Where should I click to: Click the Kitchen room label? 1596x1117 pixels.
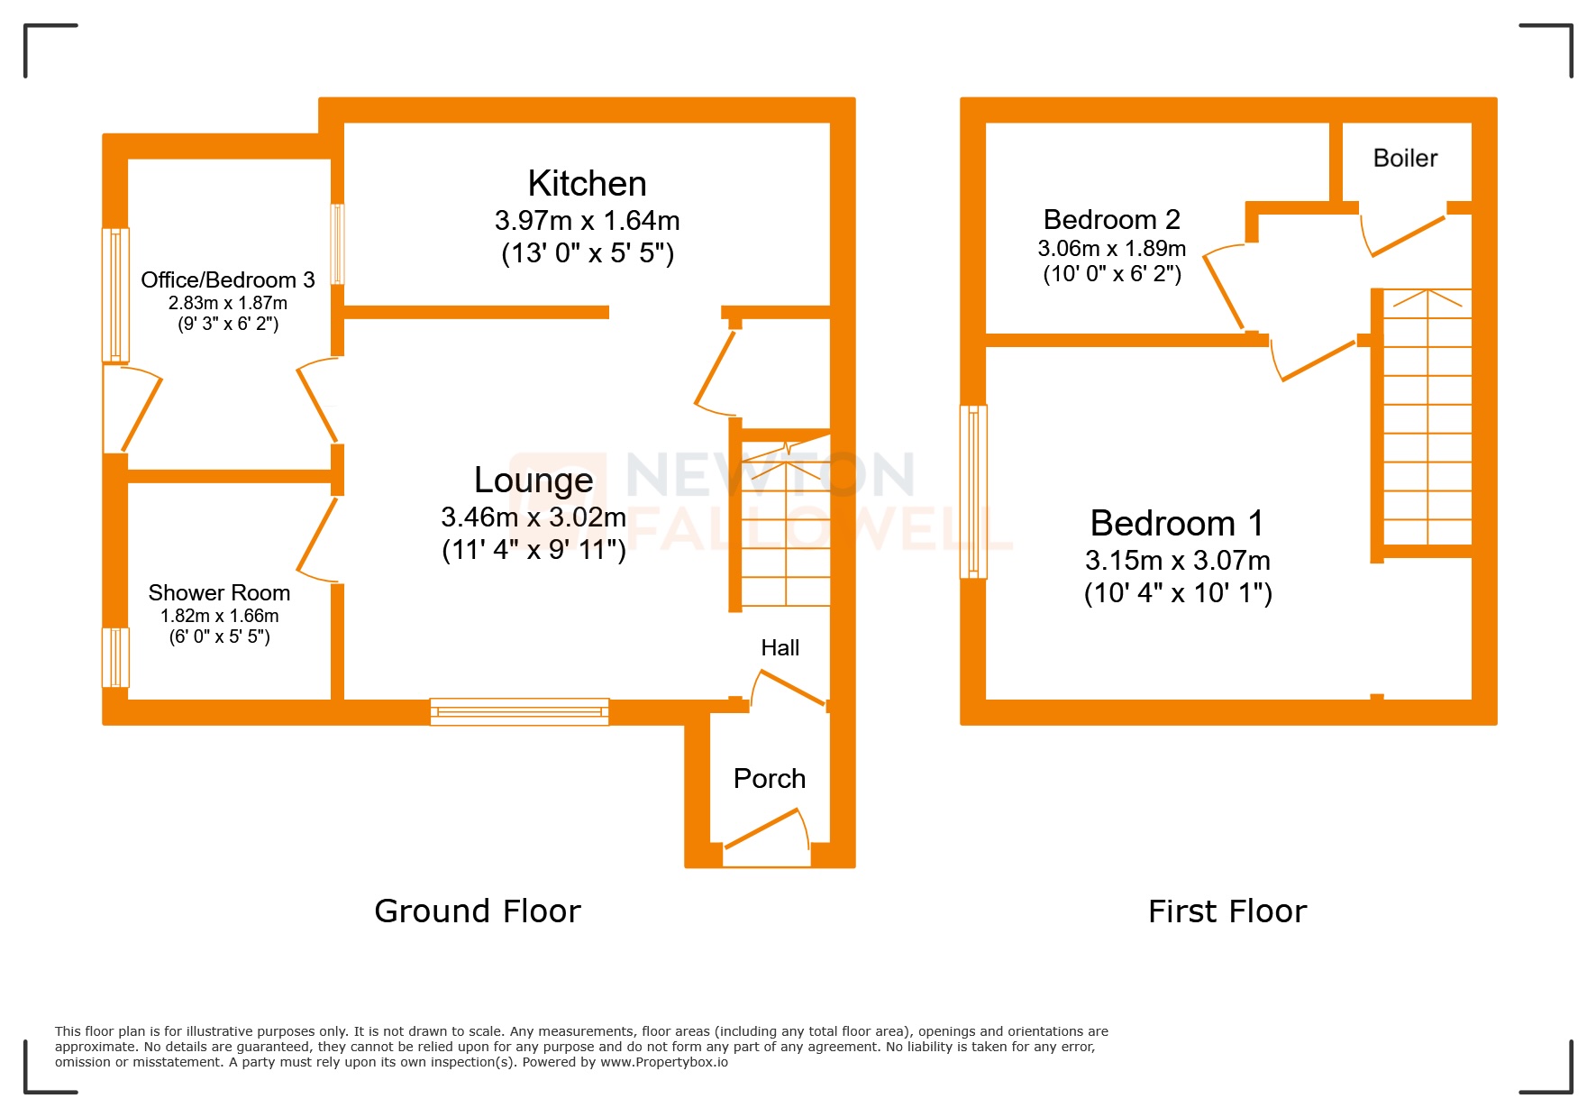point(587,184)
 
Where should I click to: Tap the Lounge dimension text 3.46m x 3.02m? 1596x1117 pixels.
point(533,517)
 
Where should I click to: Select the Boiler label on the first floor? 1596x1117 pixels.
point(1404,159)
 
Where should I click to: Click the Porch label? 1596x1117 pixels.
point(769,779)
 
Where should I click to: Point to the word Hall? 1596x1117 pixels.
point(780,648)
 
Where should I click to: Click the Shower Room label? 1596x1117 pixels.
point(219,593)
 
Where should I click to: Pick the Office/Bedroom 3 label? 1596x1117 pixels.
point(227,280)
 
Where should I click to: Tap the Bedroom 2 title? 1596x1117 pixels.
point(1111,220)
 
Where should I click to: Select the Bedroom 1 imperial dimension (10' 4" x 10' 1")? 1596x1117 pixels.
point(1177,593)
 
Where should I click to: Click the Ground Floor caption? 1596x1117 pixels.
point(477,911)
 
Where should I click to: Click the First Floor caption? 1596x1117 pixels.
point(1227,911)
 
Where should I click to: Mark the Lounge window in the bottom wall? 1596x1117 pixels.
point(519,711)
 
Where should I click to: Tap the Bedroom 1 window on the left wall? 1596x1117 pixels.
point(973,491)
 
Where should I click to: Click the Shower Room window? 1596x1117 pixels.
point(115,657)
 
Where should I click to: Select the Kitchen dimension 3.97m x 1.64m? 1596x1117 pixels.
point(587,221)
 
